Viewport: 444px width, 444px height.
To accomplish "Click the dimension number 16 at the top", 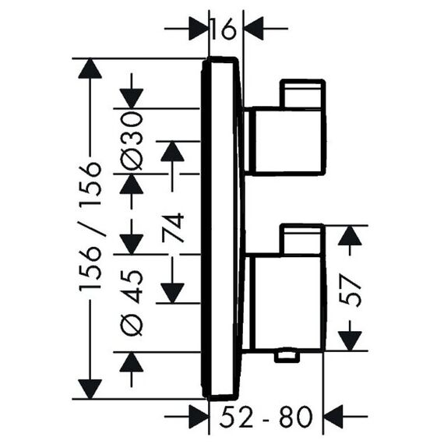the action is pos(224,28).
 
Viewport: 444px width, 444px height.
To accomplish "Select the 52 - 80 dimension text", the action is pos(266,417).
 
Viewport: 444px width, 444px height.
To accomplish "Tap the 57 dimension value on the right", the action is pos(351,291).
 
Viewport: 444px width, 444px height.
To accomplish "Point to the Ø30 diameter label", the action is pos(131,141).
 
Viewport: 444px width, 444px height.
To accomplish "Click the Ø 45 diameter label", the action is pos(131,303).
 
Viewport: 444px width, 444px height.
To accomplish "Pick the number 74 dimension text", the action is pos(173,227).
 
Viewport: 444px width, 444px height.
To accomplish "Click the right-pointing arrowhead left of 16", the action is pos(199,28).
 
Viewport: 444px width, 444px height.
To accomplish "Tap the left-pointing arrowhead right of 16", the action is pos(254,28).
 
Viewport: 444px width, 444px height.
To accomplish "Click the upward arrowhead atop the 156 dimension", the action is pos(90,69).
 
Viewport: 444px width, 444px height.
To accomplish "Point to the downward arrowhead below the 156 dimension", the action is pos(90,389).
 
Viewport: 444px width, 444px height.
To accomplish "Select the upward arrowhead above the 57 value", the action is pos(350,235).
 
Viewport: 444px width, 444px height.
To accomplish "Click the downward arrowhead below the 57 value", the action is pos(350,341).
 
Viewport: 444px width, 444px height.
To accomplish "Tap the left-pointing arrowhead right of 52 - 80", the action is pos(333,417).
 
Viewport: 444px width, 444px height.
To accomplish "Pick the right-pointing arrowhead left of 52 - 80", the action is pos(199,417).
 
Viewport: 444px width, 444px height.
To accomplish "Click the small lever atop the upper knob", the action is pos(302,93).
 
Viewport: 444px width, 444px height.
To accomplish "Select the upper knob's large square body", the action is pos(288,141).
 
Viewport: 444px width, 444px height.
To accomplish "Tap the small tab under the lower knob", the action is pos(287,357).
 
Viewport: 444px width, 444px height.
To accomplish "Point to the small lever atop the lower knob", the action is pos(302,239).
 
